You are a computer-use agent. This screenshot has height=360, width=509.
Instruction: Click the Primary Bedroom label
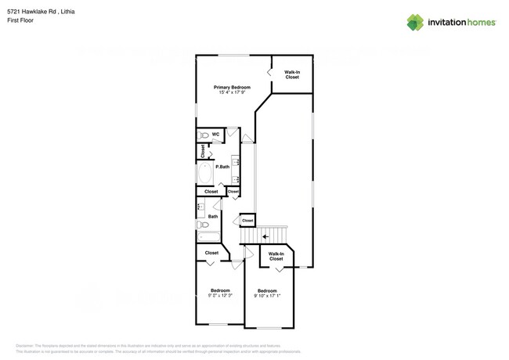click(232, 87)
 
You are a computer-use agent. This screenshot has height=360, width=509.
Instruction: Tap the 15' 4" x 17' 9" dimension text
click(232, 92)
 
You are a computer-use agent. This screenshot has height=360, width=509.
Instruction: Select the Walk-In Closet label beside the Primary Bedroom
click(292, 75)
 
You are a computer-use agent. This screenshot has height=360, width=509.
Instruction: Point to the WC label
click(215, 135)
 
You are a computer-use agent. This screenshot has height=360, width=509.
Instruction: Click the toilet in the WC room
click(203, 135)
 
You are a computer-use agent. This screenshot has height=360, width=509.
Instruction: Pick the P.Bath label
click(222, 167)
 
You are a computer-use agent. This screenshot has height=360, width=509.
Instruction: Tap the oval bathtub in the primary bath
click(204, 172)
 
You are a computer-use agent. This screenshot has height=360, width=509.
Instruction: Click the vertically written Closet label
click(203, 151)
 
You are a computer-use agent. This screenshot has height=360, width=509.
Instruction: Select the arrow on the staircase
click(266, 235)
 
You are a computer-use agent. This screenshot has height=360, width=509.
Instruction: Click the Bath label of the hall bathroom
click(213, 216)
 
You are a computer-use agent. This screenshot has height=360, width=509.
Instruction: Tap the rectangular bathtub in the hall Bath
click(209, 237)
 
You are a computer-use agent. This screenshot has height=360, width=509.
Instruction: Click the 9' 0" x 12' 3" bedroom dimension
click(220, 296)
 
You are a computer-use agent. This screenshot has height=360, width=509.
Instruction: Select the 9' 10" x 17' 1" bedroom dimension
click(267, 296)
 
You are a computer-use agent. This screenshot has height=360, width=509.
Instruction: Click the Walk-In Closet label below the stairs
click(276, 256)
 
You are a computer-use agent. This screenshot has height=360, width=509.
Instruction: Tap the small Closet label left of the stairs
click(247, 221)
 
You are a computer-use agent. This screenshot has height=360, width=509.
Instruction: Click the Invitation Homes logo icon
click(415, 23)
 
